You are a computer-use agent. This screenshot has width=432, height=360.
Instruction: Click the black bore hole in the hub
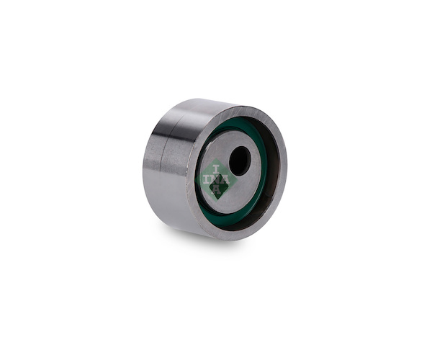coord(240,161)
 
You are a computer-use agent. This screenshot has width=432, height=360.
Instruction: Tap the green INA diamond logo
coord(216,179)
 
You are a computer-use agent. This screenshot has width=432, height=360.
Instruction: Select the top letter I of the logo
coord(217,169)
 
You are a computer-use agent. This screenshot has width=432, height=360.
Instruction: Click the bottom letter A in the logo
coord(217,189)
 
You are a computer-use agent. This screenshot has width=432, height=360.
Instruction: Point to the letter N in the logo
coord(216,179)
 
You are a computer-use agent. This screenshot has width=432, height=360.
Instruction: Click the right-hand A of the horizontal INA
coord(225,179)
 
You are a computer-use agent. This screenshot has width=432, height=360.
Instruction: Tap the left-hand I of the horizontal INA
coord(207,179)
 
